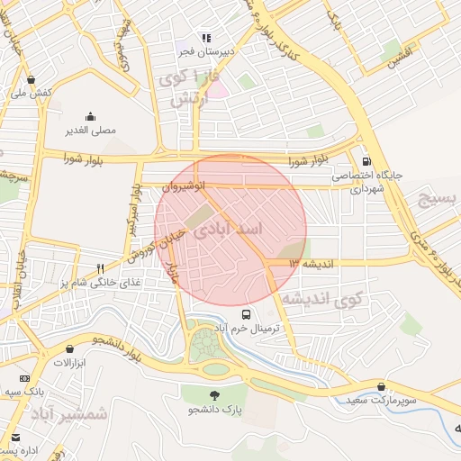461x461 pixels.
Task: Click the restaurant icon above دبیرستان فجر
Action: click(205, 39)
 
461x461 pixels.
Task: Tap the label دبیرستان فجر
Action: click(204, 52)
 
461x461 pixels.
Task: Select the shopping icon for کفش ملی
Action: click(32, 79)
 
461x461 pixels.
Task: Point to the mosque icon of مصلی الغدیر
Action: click(91, 116)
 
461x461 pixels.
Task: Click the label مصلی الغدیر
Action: click(91, 131)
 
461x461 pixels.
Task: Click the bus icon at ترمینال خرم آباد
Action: click(247, 314)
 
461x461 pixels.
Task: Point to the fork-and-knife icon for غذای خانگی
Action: click(101, 268)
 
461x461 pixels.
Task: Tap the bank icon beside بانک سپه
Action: click(24, 378)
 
